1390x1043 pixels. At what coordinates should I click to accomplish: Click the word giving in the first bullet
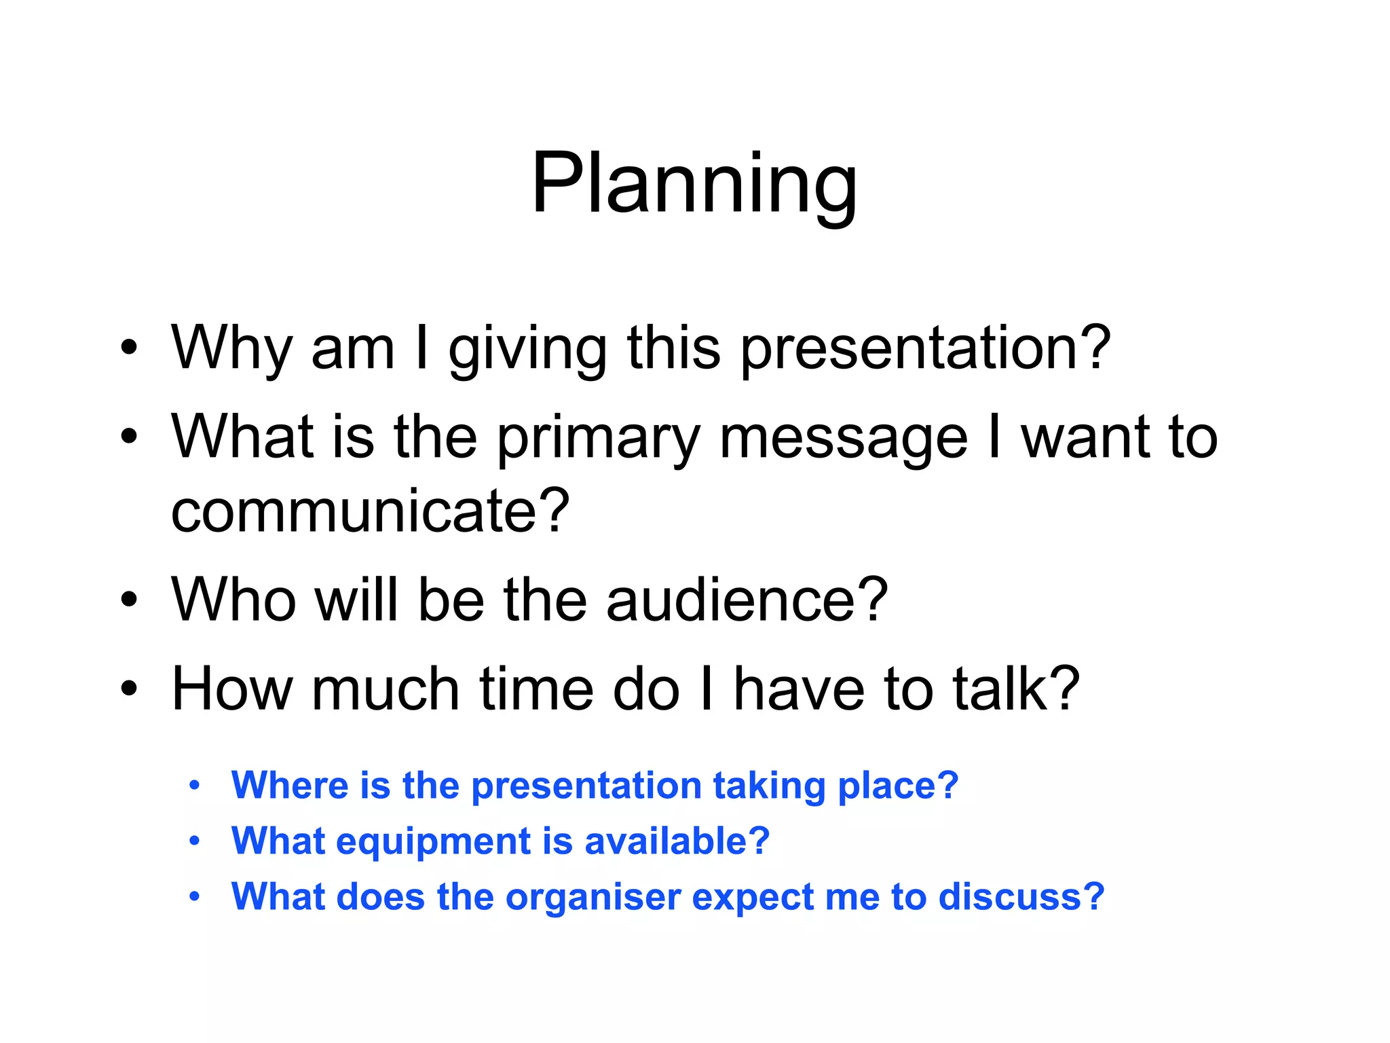(x=527, y=350)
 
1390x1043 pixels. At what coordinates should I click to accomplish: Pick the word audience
(x=747, y=599)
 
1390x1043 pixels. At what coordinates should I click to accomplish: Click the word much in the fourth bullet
(x=385, y=689)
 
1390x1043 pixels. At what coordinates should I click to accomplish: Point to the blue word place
(x=897, y=786)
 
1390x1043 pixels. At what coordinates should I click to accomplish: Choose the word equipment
(x=433, y=842)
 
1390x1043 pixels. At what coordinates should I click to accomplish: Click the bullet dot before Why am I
(x=129, y=348)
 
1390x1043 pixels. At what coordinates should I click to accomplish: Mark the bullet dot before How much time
(x=129, y=689)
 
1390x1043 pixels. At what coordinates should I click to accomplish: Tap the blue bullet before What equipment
(x=195, y=841)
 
